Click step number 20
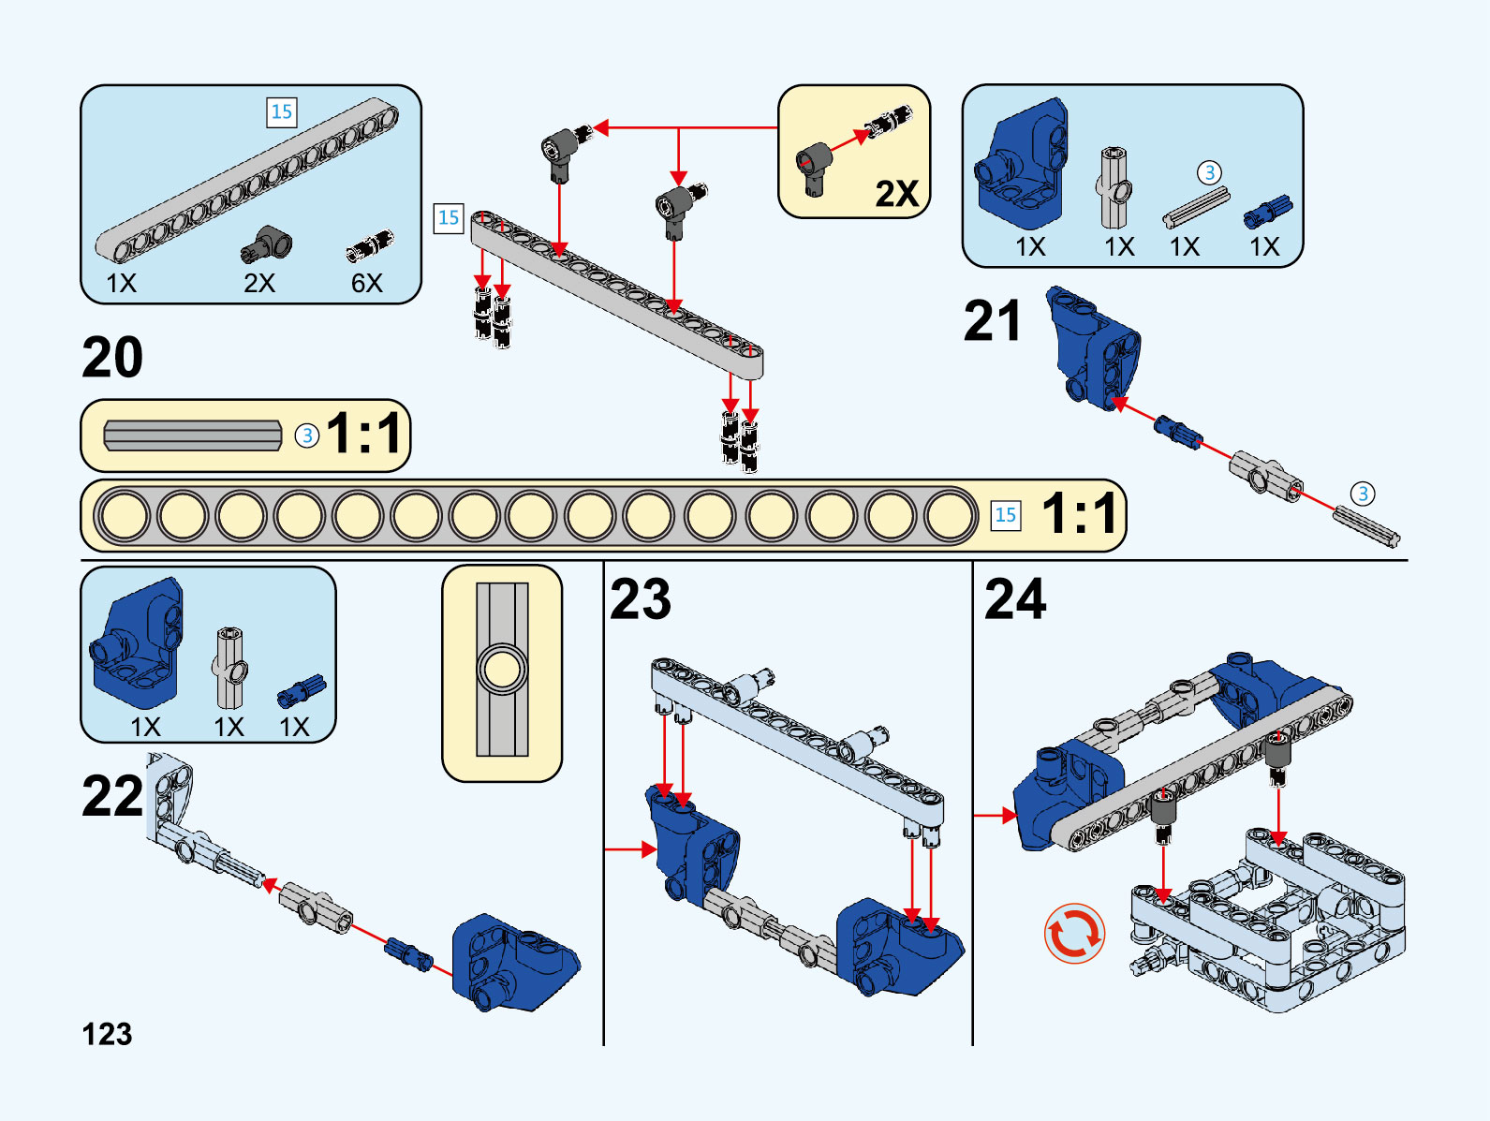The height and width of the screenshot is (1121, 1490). pyautogui.click(x=112, y=358)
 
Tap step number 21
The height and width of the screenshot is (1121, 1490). pyautogui.click(x=992, y=322)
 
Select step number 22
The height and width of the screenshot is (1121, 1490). pyautogui.click(x=112, y=797)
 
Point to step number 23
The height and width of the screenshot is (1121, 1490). pyautogui.click(x=641, y=599)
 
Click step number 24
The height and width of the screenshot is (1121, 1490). pyautogui.click(x=1015, y=599)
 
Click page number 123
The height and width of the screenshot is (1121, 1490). pyautogui.click(x=107, y=1034)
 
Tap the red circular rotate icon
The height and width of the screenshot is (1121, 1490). pyautogui.click(x=1074, y=933)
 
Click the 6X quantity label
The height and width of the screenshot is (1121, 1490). pyautogui.click(x=366, y=283)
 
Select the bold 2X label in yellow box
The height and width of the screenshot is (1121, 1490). pyautogui.click(x=896, y=194)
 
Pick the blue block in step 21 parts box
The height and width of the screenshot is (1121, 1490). pyautogui.click(x=1021, y=166)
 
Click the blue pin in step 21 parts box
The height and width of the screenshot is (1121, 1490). pyautogui.click(x=1267, y=212)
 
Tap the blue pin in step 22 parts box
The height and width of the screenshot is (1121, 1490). pyautogui.click(x=302, y=691)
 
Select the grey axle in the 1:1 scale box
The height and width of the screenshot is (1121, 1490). pyautogui.click(x=193, y=435)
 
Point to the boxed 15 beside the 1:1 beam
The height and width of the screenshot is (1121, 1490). pyautogui.click(x=1005, y=515)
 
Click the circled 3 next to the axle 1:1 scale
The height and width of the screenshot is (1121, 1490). pyautogui.click(x=307, y=435)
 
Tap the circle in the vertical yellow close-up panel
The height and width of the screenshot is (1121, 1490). pyautogui.click(x=502, y=670)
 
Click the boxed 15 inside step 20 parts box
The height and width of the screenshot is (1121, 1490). pyautogui.click(x=281, y=112)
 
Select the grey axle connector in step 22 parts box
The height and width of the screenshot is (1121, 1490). pyautogui.click(x=229, y=669)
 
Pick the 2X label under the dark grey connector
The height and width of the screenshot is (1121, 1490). pyautogui.click(x=258, y=283)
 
